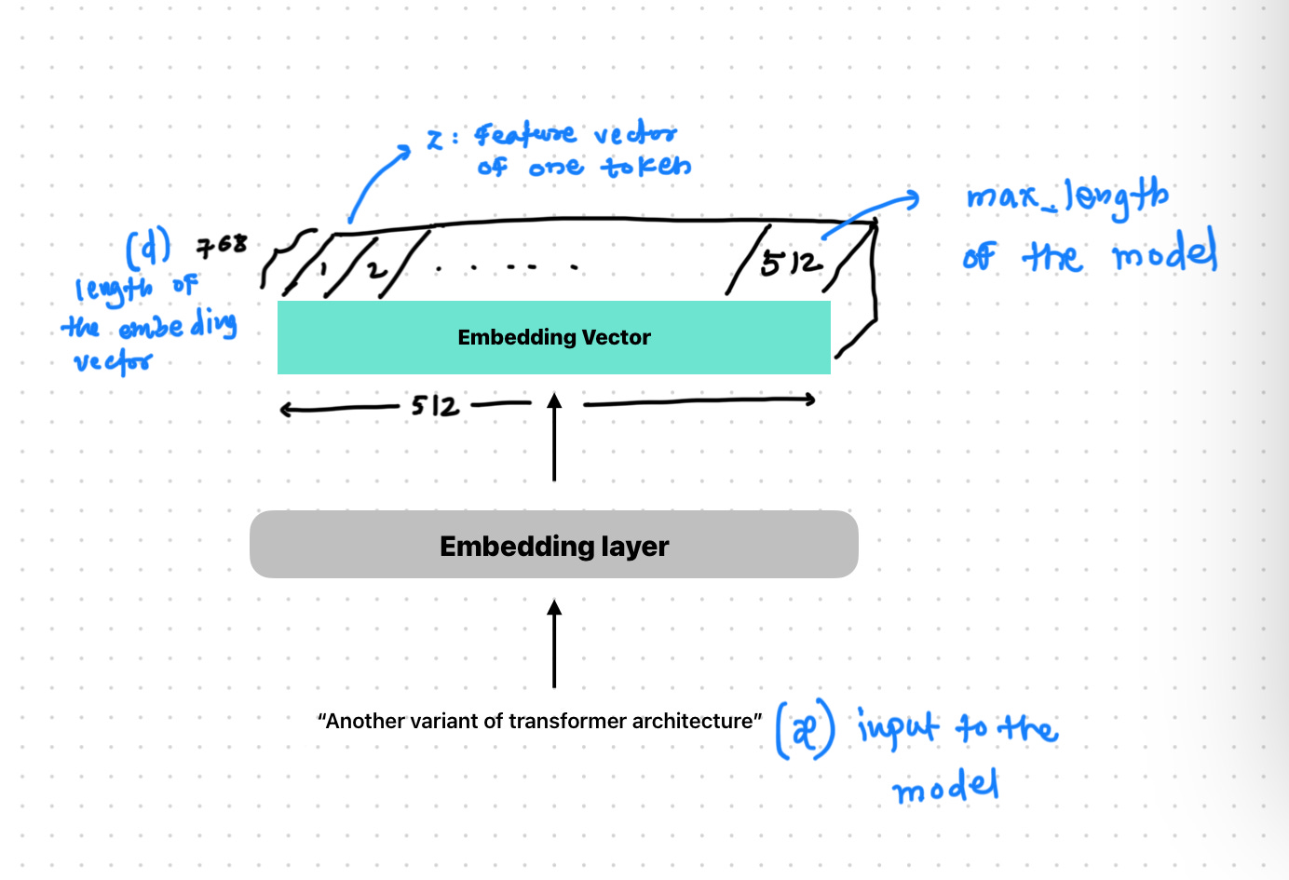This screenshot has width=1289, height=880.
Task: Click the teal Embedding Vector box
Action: [x=553, y=337]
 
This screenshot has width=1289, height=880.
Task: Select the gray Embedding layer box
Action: [x=553, y=545]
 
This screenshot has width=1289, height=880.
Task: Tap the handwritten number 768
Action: [x=222, y=246]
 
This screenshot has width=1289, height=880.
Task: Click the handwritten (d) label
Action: [x=148, y=248]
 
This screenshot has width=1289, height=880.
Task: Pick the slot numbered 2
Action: [x=374, y=270]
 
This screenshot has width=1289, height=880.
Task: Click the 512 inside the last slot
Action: [x=791, y=264]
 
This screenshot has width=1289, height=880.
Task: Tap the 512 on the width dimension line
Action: [x=435, y=406]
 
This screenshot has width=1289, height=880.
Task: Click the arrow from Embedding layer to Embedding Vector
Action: [x=554, y=438]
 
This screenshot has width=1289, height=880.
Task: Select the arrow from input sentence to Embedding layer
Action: [x=554, y=643]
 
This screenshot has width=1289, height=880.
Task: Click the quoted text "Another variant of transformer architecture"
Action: [x=539, y=721]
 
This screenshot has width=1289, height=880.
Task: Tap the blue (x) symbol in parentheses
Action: [x=806, y=731]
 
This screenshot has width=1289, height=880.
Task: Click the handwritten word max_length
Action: [x=1066, y=196]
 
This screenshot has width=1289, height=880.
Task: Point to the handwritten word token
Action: [x=646, y=167]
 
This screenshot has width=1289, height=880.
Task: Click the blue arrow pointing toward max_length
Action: [x=871, y=210]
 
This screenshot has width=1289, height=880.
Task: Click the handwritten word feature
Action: [x=524, y=136]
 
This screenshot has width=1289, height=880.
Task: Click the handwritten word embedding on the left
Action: [x=177, y=326]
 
